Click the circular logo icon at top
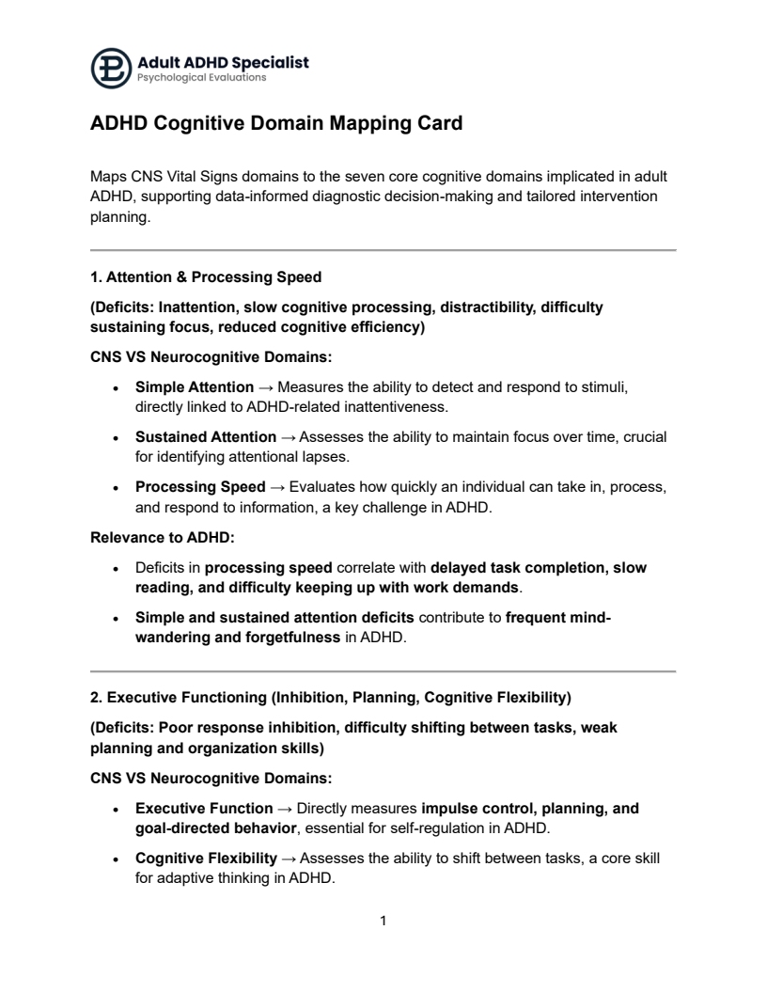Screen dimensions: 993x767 click(111, 69)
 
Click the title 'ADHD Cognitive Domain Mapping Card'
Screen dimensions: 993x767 click(275, 123)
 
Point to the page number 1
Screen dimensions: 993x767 click(383, 921)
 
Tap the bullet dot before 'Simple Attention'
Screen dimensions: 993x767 click(115, 388)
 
